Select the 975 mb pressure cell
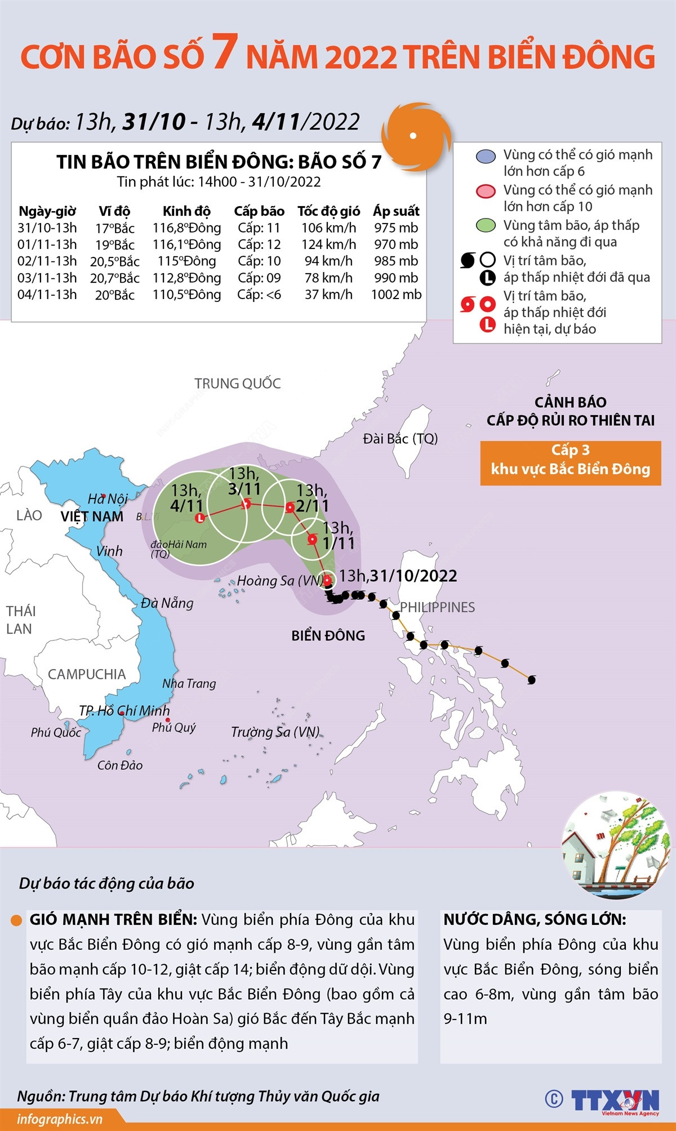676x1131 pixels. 396,228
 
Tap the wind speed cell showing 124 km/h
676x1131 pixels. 328,244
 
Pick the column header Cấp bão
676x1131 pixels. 259,211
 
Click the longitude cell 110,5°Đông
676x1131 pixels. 186,295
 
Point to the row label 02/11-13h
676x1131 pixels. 47,261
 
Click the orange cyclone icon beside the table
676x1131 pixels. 415,136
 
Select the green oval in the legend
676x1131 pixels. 485,226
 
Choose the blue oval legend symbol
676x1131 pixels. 485,156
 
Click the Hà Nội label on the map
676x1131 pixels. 108,499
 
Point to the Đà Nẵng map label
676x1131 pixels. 167,603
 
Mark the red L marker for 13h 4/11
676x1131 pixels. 199,518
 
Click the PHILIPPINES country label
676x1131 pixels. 437,607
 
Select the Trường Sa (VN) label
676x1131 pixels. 275,732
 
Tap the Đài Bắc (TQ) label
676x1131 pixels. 400,439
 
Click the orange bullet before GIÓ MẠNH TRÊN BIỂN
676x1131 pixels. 16,920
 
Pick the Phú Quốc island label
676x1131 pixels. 56,733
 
